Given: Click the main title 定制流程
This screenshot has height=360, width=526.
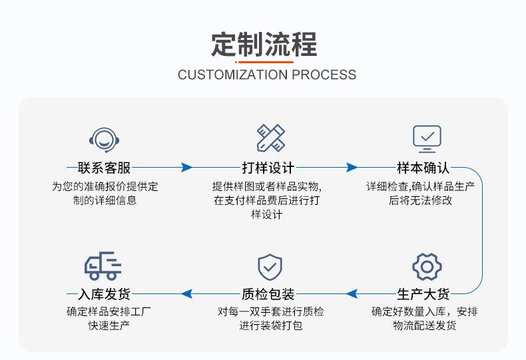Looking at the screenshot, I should (x=264, y=44).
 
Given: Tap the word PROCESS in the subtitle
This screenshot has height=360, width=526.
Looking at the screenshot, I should (x=324, y=75).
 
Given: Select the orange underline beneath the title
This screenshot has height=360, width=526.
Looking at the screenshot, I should (x=264, y=61).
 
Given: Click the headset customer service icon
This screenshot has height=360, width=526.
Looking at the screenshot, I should (x=104, y=138).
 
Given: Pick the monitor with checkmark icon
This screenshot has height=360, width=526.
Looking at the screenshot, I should (x=427, y=138).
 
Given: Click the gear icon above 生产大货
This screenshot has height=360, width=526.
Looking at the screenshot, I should (x=427, y=267).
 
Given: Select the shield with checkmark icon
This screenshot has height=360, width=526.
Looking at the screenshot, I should (x=270, y=267).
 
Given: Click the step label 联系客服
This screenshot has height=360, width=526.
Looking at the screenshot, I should (x=104, y=168).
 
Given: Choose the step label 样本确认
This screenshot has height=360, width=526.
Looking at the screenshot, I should (x=423, y=168).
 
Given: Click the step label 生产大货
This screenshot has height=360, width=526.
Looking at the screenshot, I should (x=423, y=293).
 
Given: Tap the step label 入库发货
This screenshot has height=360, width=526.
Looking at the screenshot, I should (x=104, y=293).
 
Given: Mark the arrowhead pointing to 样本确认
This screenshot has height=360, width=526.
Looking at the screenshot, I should (x=352, y=168).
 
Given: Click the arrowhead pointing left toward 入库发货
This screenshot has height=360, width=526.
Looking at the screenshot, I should (x=187, y=293).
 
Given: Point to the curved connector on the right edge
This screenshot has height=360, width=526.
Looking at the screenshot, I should (x=482, y=230).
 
